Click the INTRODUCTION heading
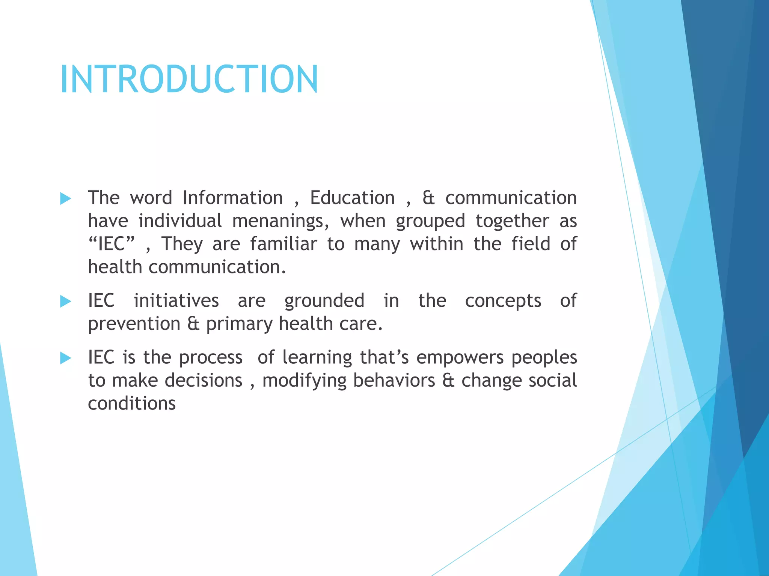[x=189, y=79]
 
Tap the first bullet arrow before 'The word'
[x=66, y=199]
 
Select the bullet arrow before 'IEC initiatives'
[x=66, y=301]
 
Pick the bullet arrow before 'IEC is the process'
[x=66, y=358]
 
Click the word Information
[x=233, y=198]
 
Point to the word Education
[x=352, y=198]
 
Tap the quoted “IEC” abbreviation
[x=111, y=244]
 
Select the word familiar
[x=283, y=244]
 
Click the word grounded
[x=324, y=301]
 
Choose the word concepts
[x=503, y=301]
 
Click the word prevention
[x=134, y=324]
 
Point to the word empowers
[x=460, y=358]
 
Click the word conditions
[x=132, y=403]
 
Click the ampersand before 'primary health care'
[x=193, y=324]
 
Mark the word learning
[x=317, y=358]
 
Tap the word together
[x=512, y=221]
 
